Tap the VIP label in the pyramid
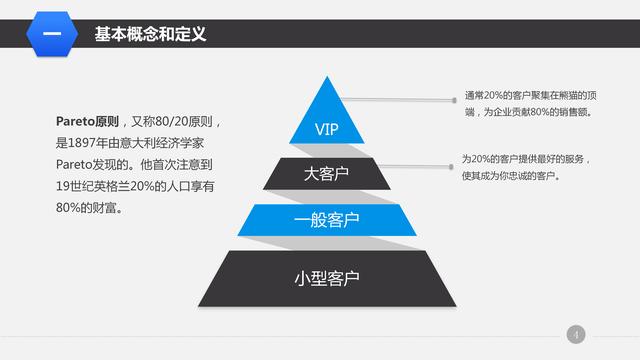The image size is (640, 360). [327, 130]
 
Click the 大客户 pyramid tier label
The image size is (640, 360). [327, 175]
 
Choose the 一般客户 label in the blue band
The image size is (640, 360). [327, 220]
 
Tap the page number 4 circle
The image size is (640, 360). [576, 334]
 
